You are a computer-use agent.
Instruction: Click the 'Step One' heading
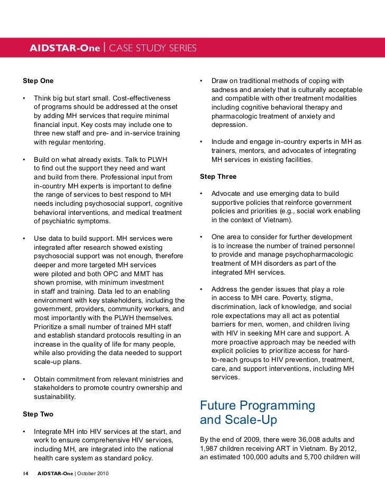pos(38,81)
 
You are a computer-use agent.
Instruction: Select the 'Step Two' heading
pos(38,414)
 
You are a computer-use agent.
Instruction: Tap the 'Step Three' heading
pos(218,176)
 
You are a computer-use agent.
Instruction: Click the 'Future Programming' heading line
pos(258,406)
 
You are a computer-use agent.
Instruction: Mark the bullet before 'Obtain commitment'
pos(24,379)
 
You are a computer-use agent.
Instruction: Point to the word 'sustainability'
pos(55,396)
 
